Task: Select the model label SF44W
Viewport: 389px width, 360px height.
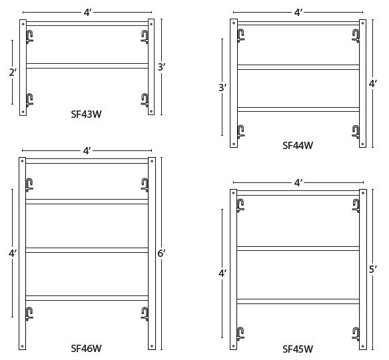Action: pos(298,144)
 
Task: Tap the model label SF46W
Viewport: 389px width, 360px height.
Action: pos(87,347)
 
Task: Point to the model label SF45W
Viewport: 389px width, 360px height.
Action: pos(298,348)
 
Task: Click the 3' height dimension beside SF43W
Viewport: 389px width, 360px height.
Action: pos(161,67)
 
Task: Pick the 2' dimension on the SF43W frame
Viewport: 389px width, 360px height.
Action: pos(13,73)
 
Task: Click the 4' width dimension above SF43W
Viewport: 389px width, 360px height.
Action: pos(87,11)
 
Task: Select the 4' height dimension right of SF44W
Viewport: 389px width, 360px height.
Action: pos(373,84)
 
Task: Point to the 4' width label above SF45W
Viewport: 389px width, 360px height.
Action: pos(298,182)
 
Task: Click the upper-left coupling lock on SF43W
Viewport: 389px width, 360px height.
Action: pos(29,36)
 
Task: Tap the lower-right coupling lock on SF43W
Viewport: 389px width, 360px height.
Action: pos(145,100)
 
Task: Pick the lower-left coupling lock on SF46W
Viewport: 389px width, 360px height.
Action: pos(29,313)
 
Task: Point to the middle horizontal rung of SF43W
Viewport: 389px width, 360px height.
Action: pos(87,65)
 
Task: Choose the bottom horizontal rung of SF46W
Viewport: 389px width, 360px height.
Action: pos(87,297)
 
